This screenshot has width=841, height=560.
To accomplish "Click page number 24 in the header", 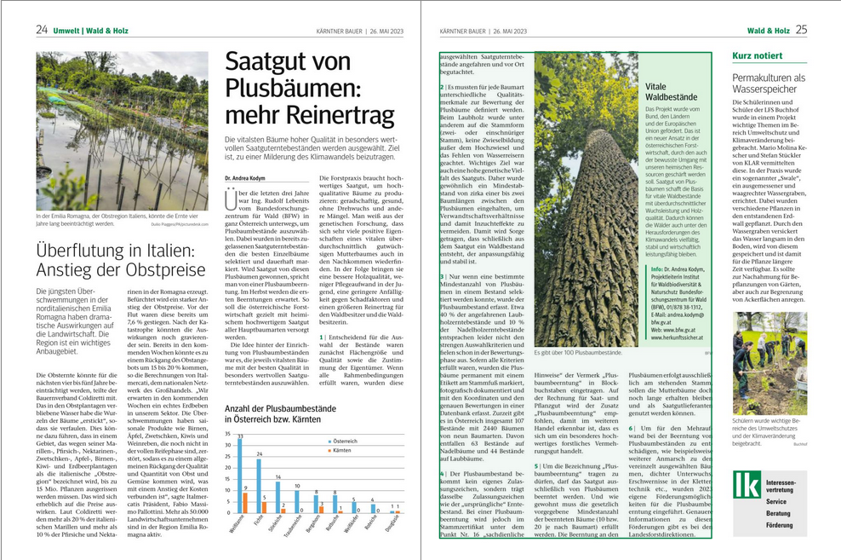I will point(42,30).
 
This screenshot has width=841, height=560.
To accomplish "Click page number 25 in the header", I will point(801,30).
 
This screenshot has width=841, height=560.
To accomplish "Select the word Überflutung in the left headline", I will point(78,251).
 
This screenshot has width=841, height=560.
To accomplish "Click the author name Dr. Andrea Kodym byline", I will point(245,178).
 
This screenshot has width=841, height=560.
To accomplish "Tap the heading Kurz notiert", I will point(758,56).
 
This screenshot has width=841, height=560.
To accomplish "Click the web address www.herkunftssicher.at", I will point(679,338).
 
